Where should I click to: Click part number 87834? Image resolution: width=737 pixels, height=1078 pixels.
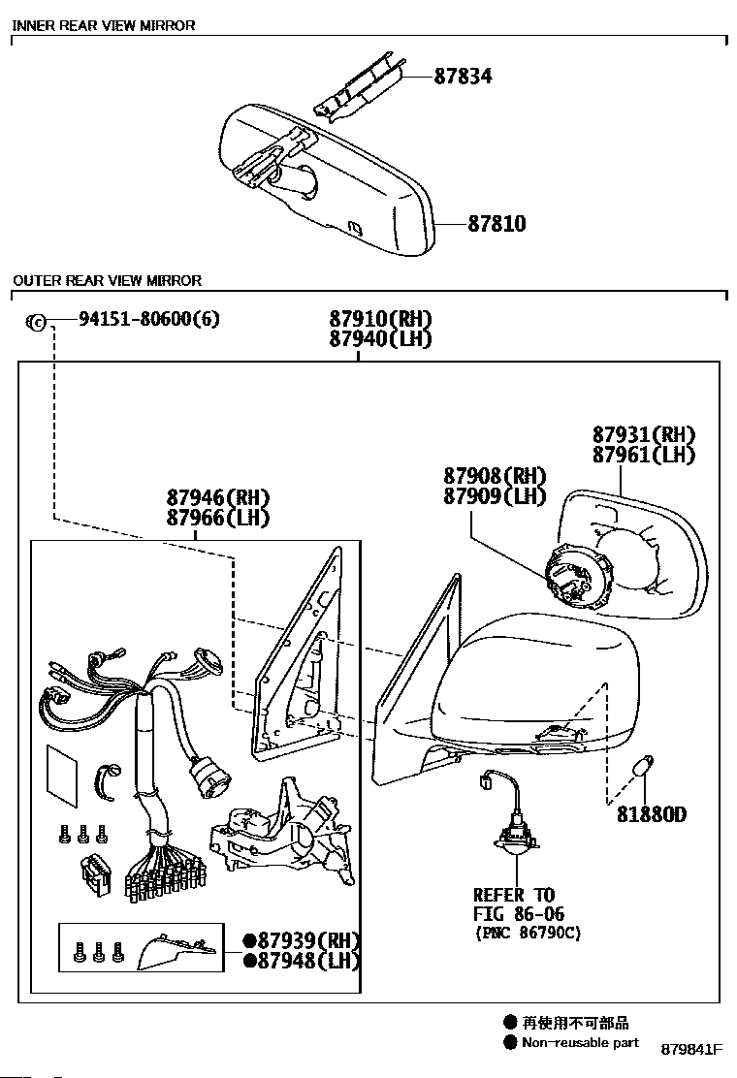pos(463,76)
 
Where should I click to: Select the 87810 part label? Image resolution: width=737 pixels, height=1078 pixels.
pos(497,224)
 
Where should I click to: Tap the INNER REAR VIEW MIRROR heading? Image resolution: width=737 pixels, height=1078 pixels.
pos(104,25)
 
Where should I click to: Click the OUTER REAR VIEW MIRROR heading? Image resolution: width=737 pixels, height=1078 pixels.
pos(107,280)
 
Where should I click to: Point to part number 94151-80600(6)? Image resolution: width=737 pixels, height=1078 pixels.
pos(136,319)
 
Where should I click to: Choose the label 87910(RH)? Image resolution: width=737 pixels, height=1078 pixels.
pos(379,319)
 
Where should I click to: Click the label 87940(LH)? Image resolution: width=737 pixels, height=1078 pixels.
pos(379,339)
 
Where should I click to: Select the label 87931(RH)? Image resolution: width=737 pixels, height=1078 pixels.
pos(644,434)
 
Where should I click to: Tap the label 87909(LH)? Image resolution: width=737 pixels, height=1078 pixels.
pos(495,496)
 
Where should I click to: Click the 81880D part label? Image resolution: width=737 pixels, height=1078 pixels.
pos(651,814)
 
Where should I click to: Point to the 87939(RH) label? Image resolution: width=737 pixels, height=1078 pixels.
pos(308,940)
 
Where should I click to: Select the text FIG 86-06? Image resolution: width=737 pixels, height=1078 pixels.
pos(518,914)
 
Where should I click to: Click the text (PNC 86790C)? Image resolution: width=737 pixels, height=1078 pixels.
pos(528,934)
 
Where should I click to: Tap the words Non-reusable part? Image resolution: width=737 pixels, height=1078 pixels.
pos(580,1043)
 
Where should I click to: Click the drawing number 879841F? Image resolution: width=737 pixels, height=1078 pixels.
pos(692,1050)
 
